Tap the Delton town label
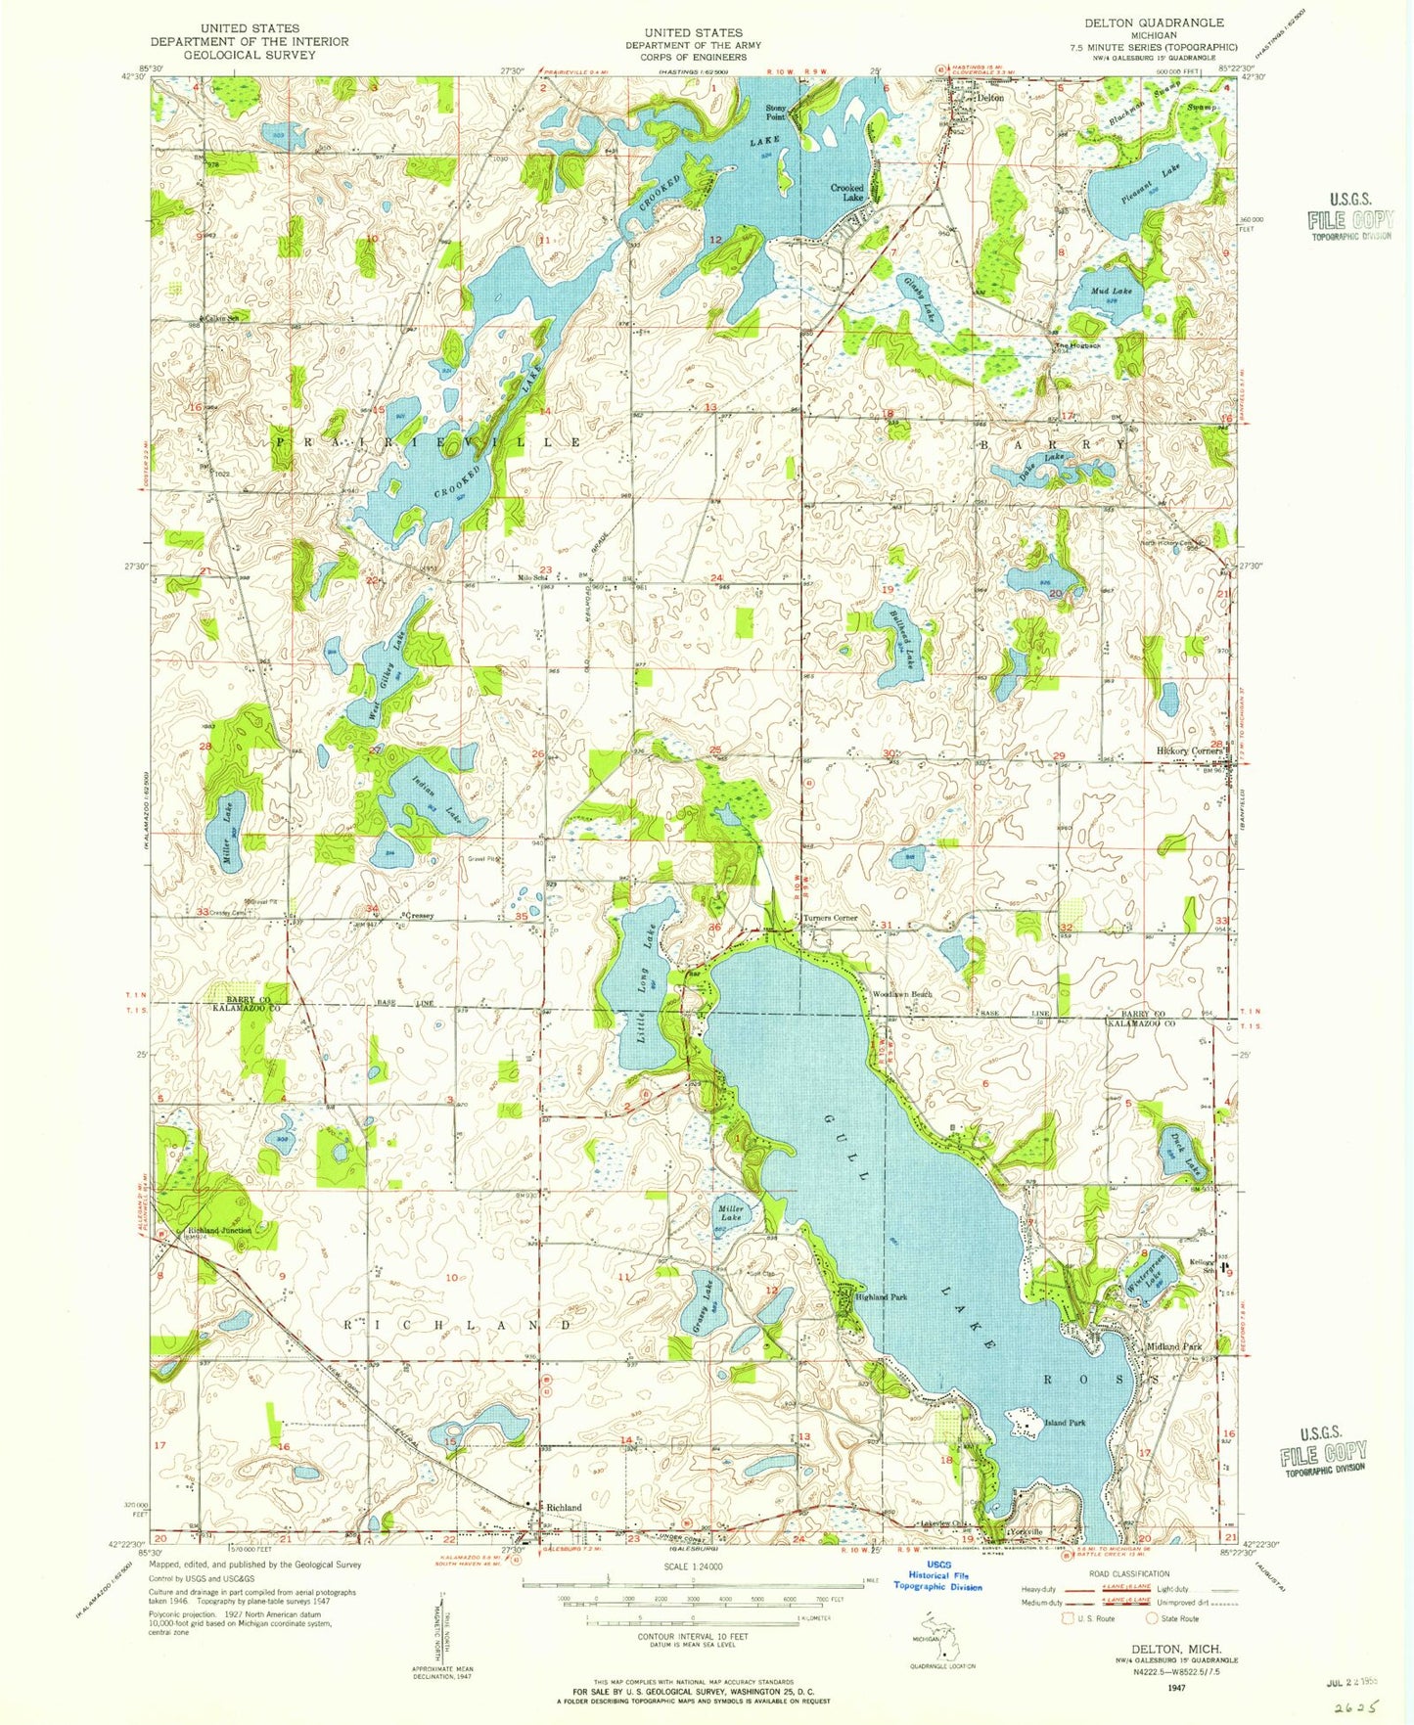coord(990,98)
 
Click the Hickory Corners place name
coord(1185,751)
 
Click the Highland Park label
coord(882,1297)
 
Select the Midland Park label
coord(1173,1346)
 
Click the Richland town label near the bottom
coord(564,1508)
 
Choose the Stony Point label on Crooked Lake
coord(776,112)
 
